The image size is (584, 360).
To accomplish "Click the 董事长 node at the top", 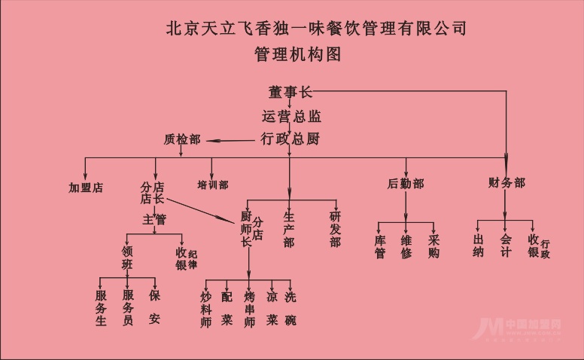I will [x=290, y=93].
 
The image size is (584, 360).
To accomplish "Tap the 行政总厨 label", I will [x=290, y=139].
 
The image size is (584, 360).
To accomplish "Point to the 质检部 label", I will [x=182, y=139].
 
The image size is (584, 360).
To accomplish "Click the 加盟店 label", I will [x=85, y=188].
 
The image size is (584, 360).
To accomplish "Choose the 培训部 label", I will [x=213, y=185].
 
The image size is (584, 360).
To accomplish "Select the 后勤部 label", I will [x=406, y=184].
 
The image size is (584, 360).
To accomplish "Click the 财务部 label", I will [x=506, y=183].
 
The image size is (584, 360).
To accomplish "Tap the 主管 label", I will [x=154, y=219].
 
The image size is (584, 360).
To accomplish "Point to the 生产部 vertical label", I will [x=289, y=229].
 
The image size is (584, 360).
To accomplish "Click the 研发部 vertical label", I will [x=335, y=229].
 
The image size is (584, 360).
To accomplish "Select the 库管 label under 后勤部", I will [x=380, y=247].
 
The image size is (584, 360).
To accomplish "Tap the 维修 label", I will [x=406, y=247].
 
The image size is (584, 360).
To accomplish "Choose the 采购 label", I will [x=433, y=247].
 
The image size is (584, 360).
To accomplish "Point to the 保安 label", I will [x=154, y=307].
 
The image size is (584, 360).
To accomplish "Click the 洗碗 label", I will [x=290, y=308].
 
